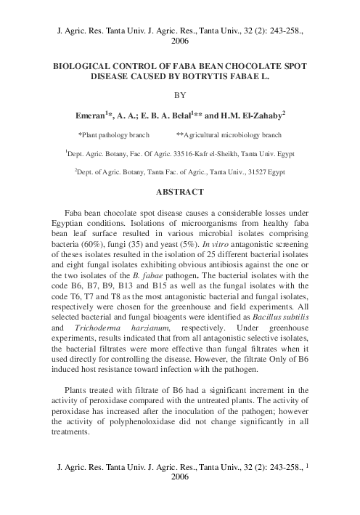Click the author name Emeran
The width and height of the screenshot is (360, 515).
point(91,115)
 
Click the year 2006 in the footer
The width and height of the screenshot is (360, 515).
point(179,478)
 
